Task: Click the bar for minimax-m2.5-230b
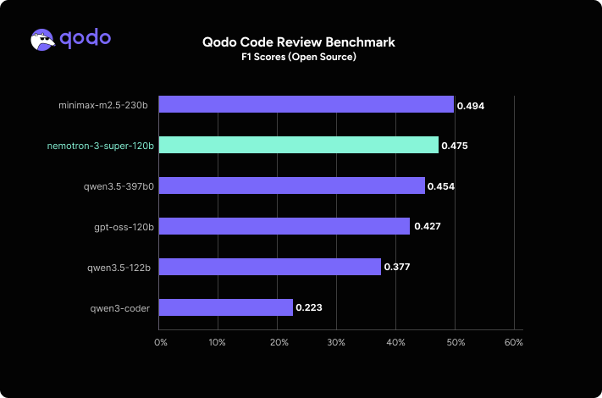pyautogui.click(x=306, y=104)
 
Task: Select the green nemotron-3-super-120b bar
pyautogui.click(x=298, y=145)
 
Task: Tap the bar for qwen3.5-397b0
pyautogui.click(x=291, y=185)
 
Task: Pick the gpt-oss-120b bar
pyautogui.click(x=284, y=226)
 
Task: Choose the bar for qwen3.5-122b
pyautogui.click(x=269, y=267)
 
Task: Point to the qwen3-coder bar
pyautogui.click(x=225, y=307)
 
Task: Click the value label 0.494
pyautogui.click(x=470, y=106)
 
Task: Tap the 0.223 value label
pyautogui.click(x=308, y=308)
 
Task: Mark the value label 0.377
pyautogui.click(x=397, y=268)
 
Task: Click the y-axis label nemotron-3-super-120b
pyautogui.click(x=100, y=146)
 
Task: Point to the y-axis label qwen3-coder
pyautogui.click(x=119, y=308)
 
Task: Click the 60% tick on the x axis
pyautogui.click(x=514, y=343)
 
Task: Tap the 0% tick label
pyautogui.click(x=160, y=343)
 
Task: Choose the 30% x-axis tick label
pyautogui.click(x=336, y=343)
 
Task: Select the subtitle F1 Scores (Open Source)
pyautogui.click(x=299, y=57)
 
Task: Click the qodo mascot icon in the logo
pyautogui.click(x=45, y=40)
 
